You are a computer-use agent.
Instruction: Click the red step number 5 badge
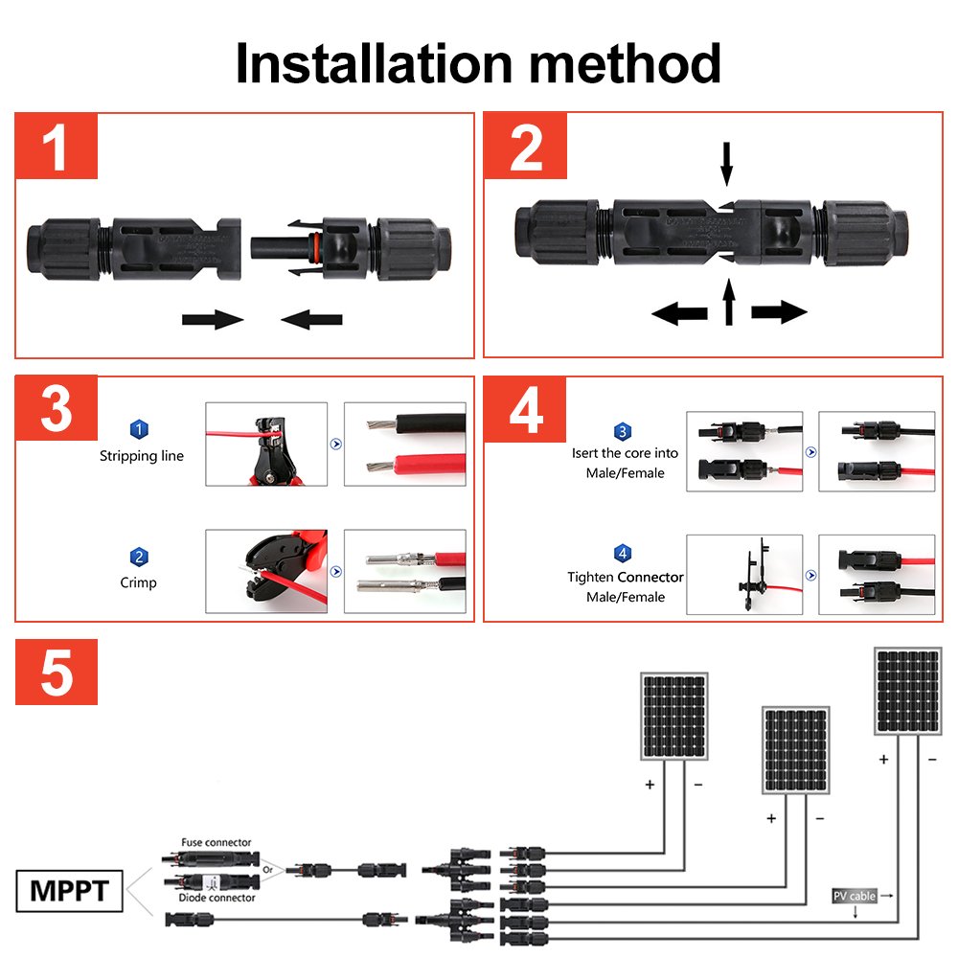pos(57,673)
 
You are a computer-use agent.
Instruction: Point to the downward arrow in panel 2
pos(726,164)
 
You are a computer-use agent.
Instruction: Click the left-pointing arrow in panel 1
pos(312,319)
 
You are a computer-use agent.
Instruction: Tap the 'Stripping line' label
pos(141,456)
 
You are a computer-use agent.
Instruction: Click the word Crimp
pos(139,582)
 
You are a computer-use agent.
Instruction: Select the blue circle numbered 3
pos(623,432)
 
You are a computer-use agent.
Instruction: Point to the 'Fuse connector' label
pos(217,842)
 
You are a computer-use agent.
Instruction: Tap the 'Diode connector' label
pos(217,898)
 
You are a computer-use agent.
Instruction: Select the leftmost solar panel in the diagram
pos(674,717)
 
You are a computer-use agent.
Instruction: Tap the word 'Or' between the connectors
pos(271,870)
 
